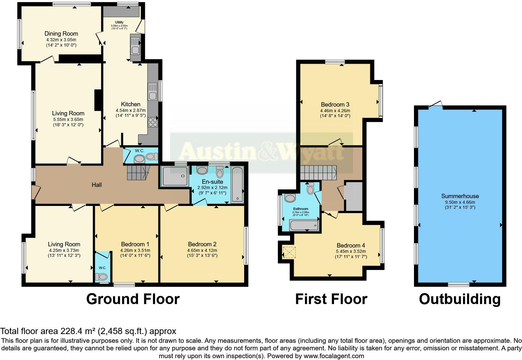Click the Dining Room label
tap(61, 34)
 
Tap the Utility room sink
tap(135, 47)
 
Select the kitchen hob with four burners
tap(153, 122)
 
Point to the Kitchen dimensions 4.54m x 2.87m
tap(130, 110)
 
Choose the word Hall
tap(96, 185)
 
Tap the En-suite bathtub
tap(237, 185)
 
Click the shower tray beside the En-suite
tap(175, 176)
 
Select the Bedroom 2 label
tap(202, 244)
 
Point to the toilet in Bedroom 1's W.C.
tap(101, 277)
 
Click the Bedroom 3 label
tap(335, 104)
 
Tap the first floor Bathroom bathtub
tap(304, 225)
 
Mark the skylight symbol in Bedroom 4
tap(289, 252)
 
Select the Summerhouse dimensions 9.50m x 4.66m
tap(460, 202)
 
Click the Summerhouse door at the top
tap(436, 105)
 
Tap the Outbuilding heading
tap(460, 299)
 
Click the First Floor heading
tap(331, 299)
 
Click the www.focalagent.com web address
tap(334, 356)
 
